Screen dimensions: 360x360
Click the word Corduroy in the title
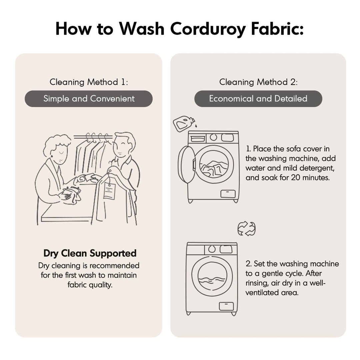click(x=208, y=29)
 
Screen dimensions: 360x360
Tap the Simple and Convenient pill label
click(x=89, y=99)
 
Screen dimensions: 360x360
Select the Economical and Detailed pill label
click(x=258, y=99)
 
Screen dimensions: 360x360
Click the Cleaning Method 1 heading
click(x=89, y=82)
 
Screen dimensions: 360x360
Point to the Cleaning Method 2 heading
click(x=258, y=82)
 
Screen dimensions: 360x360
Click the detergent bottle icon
click(x=184, y=124)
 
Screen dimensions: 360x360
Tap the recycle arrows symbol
click(x=246, y=228)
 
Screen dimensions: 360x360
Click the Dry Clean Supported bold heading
click(x=90, y=253)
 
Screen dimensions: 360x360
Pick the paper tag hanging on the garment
click(x=109, y=191)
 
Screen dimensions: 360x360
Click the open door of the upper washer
click(x=186, y=165)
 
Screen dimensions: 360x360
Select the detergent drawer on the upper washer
click(x=198, y=139)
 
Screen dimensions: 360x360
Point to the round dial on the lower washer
click(x=212, y=249)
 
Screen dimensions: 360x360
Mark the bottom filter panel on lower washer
click(x=226, y=306)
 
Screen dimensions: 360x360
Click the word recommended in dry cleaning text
click(x=114, y=266)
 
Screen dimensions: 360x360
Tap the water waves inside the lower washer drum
click(x=211, y=280)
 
